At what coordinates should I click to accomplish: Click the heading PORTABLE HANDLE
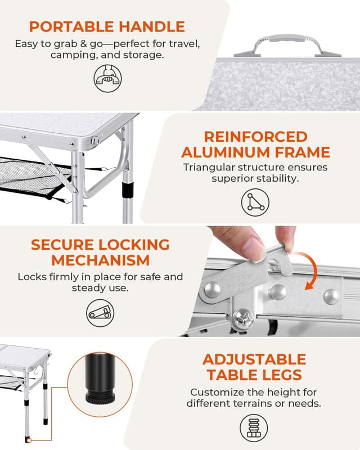coord(107,26)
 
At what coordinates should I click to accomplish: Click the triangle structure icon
coord(255,201)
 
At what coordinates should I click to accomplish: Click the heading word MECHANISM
coord(100,260)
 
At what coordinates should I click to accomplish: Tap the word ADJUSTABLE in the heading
coord(254,359)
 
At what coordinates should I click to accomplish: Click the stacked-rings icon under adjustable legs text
coord(254,427)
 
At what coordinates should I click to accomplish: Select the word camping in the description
coord(73,55)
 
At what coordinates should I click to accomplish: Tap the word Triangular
coord(210,167)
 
